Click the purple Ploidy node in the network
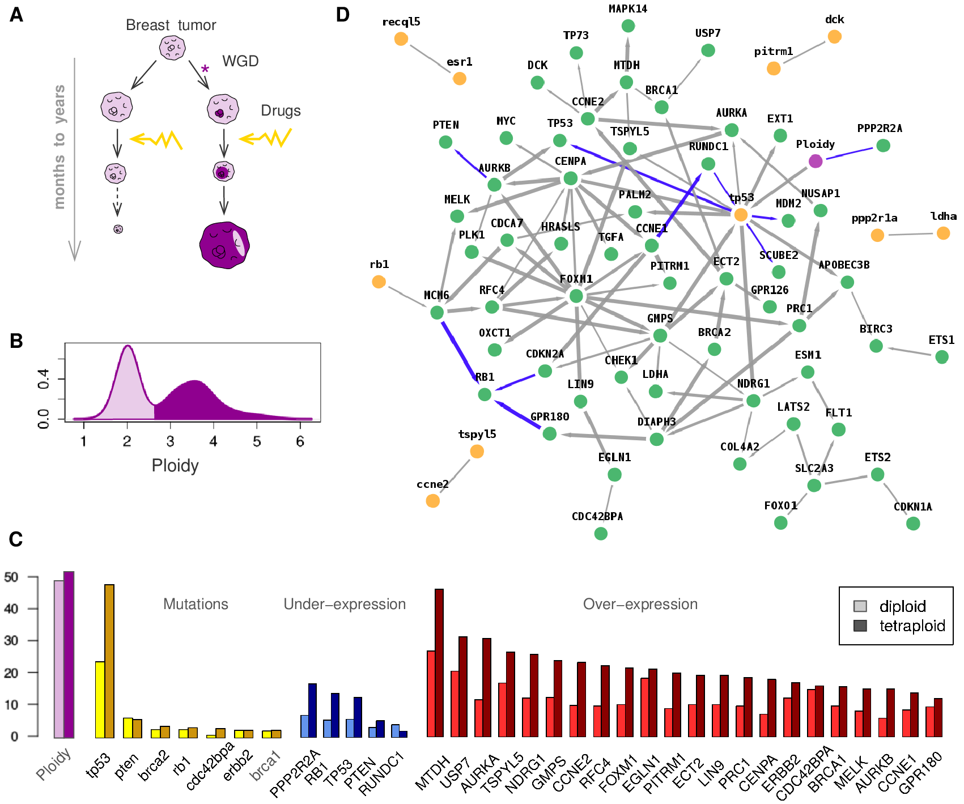point(816,161)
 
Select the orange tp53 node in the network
point(741,215)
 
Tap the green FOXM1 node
point(576,296)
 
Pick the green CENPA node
point(571,178)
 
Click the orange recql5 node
point(401,39)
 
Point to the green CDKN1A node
point(913,524)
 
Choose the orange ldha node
point(943,233)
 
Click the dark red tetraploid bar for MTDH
point(439,663)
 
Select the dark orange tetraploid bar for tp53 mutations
point(109,661)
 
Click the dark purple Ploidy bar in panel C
point(69,654)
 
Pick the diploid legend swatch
point(860,606)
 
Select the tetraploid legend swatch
point(860,626)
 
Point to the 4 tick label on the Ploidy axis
point(214,441)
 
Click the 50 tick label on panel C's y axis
point(11,577)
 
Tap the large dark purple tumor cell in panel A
point(224,245)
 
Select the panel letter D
point(342,15)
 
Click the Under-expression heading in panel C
point(345,604)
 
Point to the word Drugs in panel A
point(281,110)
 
